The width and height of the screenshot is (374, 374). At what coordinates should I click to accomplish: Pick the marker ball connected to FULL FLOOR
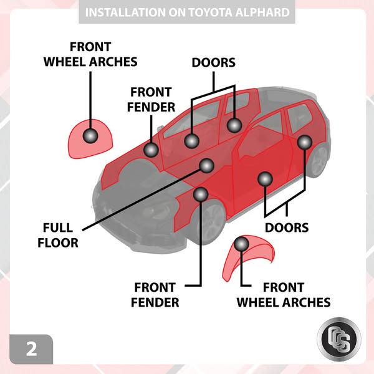tap(206, 165)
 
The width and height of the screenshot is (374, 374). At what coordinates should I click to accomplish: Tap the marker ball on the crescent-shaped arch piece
tap(241, 244)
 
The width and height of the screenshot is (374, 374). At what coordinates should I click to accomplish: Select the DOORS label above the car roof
tap(213, 62)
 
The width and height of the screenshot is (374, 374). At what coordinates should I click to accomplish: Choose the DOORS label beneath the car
tap(287, 227)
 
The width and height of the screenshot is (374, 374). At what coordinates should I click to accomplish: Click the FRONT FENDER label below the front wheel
tap(156, 295)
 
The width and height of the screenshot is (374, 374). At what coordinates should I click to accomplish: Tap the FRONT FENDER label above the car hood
tap(151, 98)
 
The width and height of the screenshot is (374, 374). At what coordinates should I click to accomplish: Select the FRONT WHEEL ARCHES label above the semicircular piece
tap(90, 54)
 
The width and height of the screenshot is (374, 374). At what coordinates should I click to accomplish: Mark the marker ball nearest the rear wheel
tap(304, 142)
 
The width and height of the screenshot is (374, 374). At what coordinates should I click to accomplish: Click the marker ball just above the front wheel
tap(200, 194)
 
